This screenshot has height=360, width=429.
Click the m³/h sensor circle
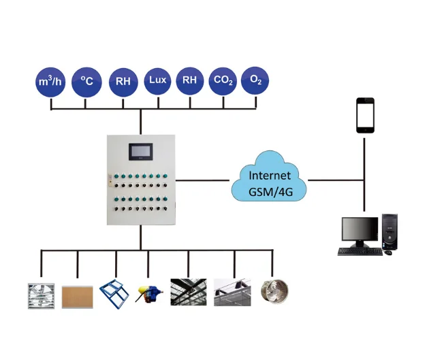coord(51,82)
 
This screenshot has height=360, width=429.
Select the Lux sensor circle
coord(158,80)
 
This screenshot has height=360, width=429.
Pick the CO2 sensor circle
coord(223,81)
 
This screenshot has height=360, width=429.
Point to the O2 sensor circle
coord(256,80)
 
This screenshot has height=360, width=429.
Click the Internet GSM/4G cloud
coord(270,180)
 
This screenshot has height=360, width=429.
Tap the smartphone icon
coord(365,115)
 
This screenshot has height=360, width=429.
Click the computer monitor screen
coord(360,231)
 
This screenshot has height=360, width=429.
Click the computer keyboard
coord(360,251)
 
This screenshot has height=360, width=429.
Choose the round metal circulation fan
coord(276,293)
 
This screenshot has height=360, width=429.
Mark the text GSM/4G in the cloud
coord(270,189)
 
